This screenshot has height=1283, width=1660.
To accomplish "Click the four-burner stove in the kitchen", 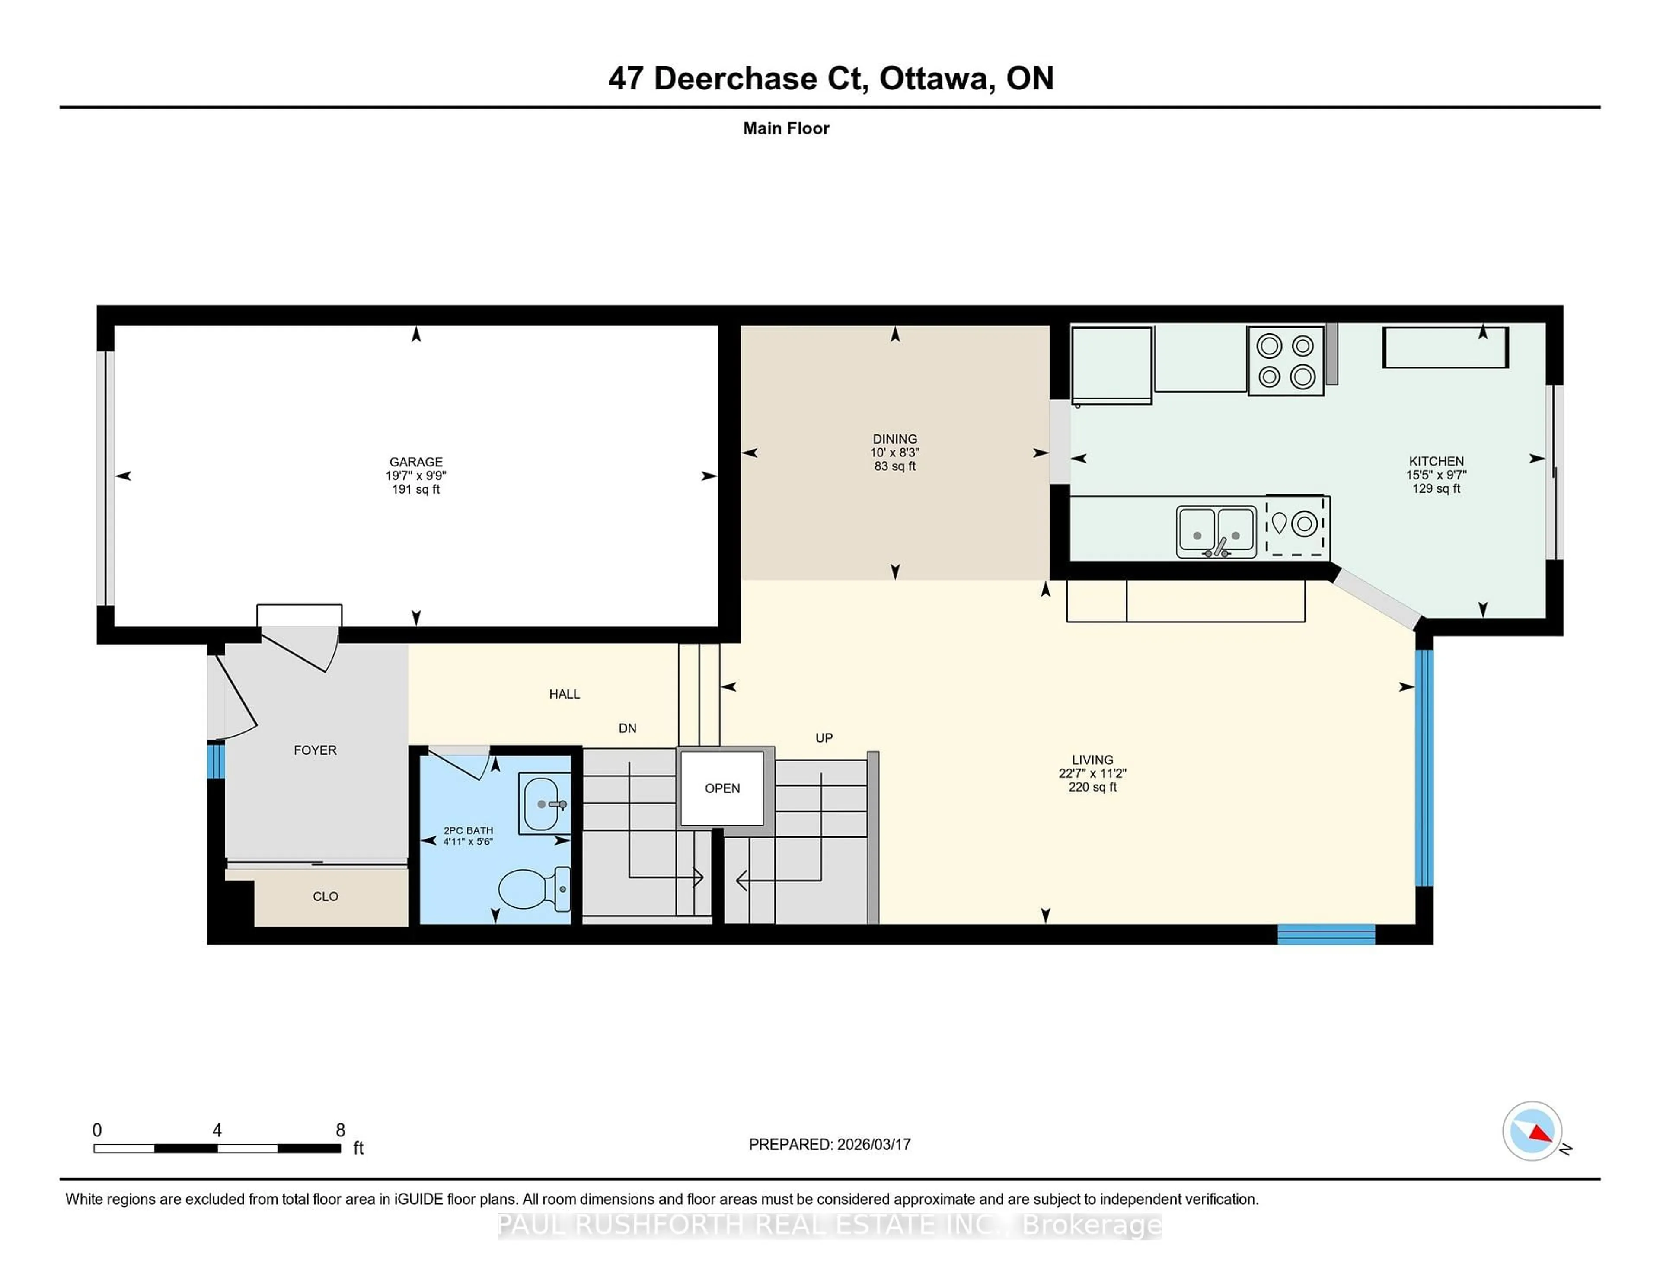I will coord(1285,361).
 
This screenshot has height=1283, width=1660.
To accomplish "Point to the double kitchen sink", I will coord(1215,531).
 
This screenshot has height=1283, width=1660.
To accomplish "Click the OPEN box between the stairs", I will coord(721,788).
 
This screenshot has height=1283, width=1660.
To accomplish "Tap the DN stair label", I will coord(627,728).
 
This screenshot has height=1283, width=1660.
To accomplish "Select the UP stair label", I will coord(824,738).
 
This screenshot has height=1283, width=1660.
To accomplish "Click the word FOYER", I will coord(315,750).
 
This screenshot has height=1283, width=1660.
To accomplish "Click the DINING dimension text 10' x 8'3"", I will coord(894,452).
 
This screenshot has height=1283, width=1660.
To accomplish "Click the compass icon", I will coord(1532,1130).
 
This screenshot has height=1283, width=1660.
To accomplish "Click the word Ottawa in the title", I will coord(936,78).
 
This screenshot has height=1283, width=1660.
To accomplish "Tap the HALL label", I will coord(564,694).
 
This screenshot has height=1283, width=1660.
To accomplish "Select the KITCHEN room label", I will coord(1436,461).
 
